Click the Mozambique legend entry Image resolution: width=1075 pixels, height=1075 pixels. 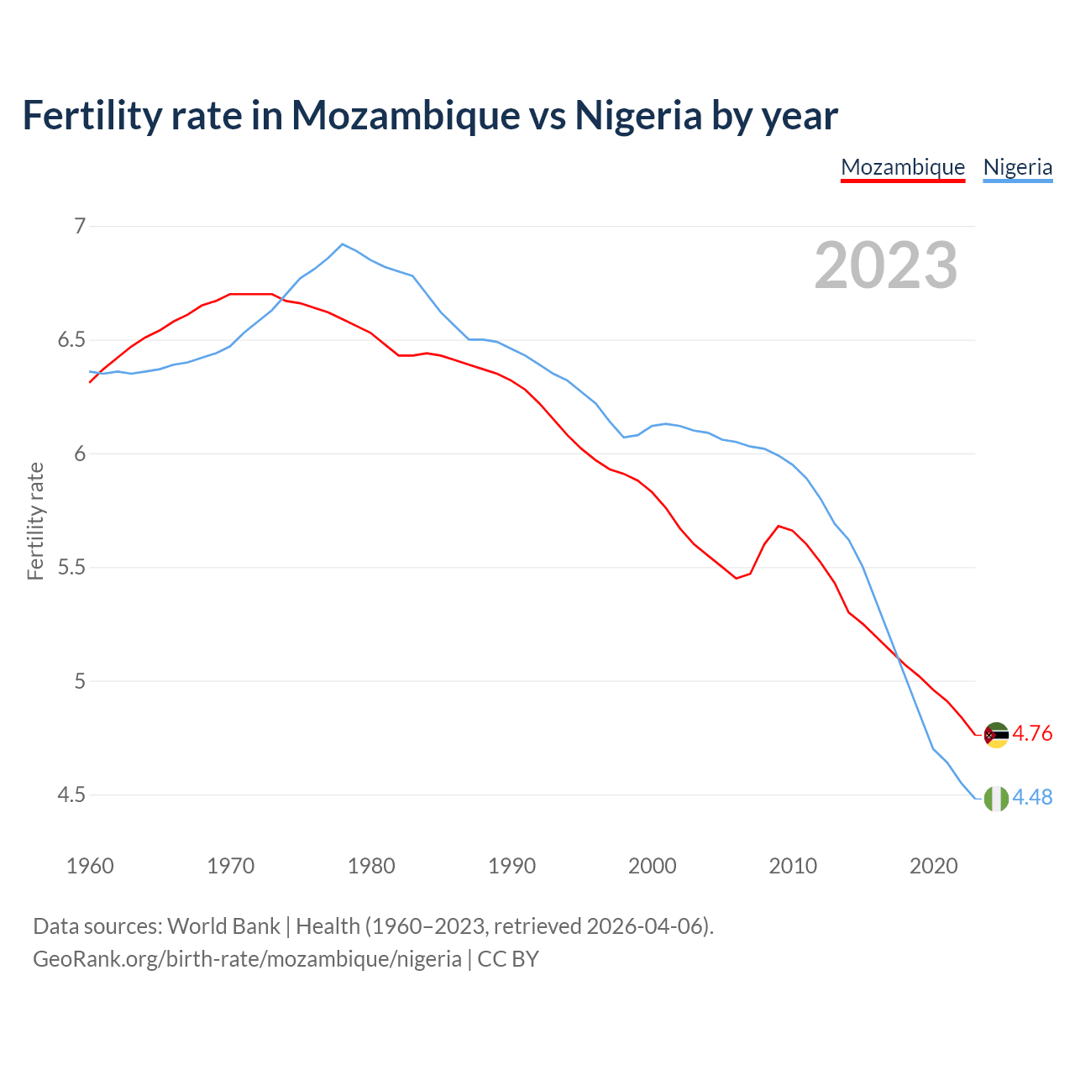click(903, 167)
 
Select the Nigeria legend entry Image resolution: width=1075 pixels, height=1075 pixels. click(1017, 167)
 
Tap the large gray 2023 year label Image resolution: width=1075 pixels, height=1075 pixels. click(886, 265)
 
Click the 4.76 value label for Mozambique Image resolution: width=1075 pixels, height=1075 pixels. click(1032, 733)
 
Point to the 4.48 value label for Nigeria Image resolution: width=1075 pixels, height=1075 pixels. click(1032, 797)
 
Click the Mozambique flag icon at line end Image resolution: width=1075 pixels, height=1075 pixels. click(996, 735)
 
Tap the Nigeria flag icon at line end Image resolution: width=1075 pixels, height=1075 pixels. click(996, 799)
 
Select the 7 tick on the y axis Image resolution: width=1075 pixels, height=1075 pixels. click(80, 226)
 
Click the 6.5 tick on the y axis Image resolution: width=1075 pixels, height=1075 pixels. click(71, 340)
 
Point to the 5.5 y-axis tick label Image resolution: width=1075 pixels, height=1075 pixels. click(71, 568)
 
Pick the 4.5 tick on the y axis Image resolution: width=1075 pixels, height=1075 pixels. click(71, 795)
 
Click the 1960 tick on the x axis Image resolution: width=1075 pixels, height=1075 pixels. click(90, 866)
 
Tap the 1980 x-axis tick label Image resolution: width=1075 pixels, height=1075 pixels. click(371, 866)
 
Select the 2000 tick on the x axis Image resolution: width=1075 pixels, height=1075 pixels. click(653, 866)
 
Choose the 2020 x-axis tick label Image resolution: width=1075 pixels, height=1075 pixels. click(933, 866)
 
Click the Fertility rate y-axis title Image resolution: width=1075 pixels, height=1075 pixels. click(35, 521)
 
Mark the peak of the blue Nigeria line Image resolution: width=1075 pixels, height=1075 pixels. click(342, 244)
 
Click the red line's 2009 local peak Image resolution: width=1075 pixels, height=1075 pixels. click(779, 526)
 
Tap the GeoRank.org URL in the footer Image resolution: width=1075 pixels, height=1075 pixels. click(247, 958)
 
